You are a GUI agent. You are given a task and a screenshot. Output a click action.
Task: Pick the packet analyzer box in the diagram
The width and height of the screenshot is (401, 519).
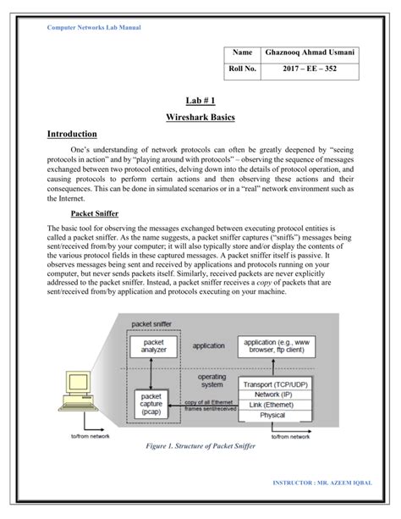pyautogui.click(x=153, y=345)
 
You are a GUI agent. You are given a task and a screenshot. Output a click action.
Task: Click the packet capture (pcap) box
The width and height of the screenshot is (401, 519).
pyautogui.click(x=153, y=403)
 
